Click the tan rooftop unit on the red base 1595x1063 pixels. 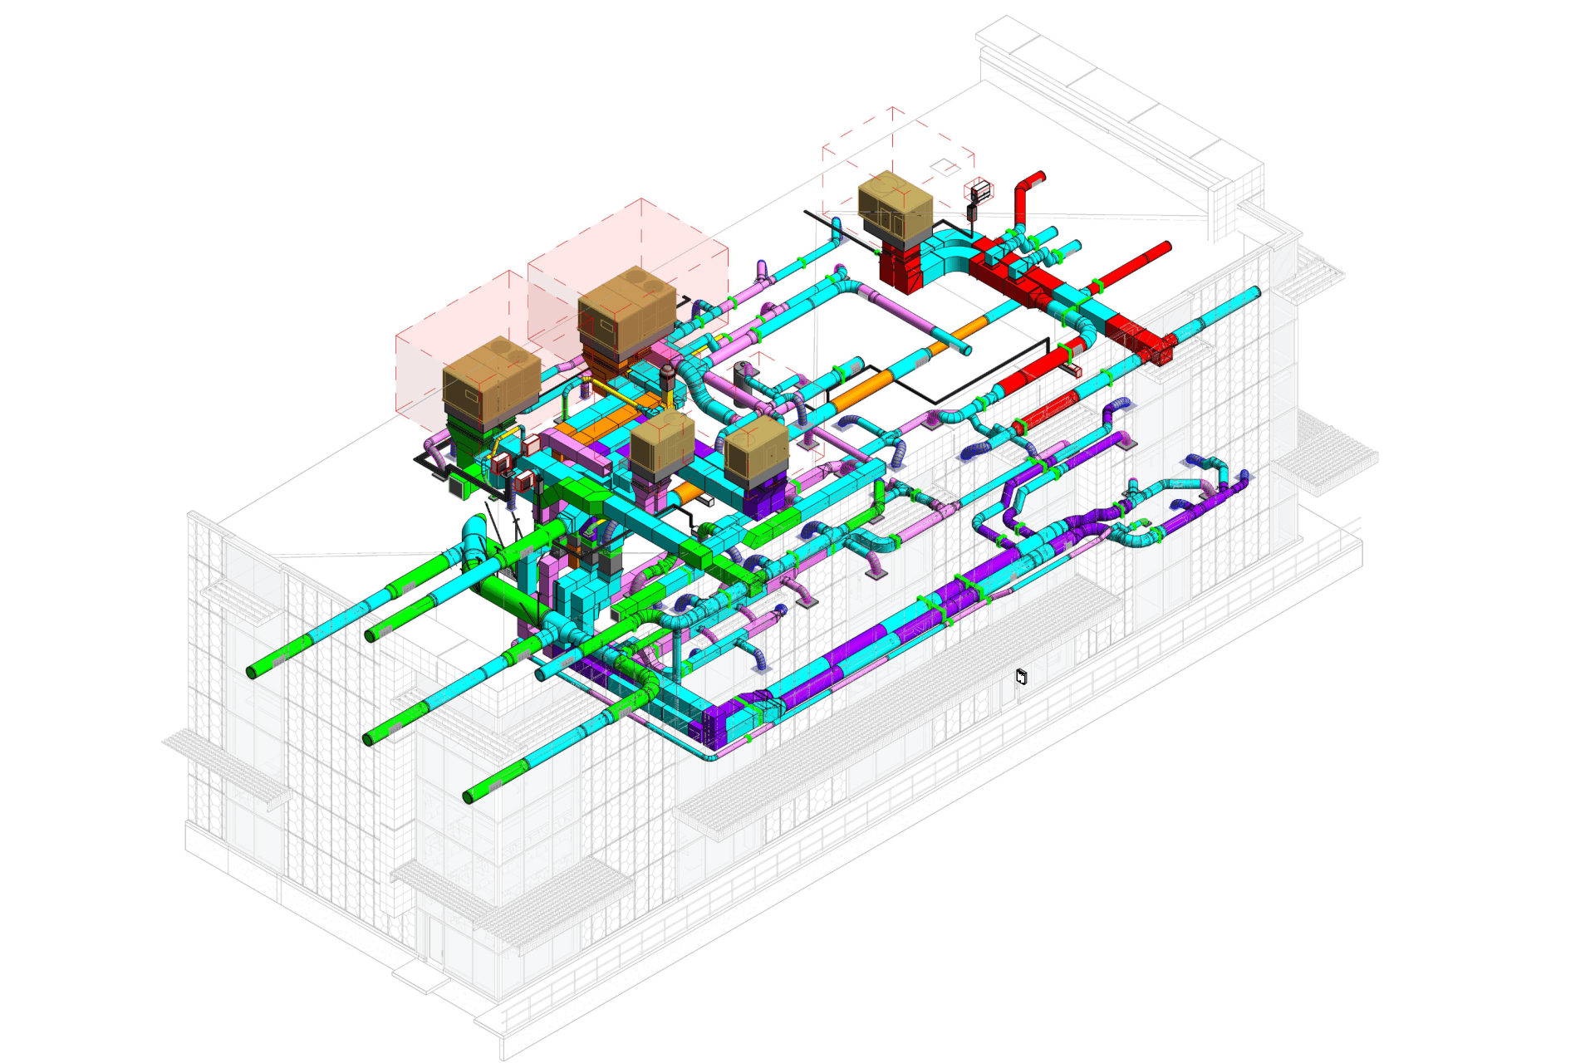895,206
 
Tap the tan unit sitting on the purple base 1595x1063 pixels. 756,453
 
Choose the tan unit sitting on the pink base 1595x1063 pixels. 661,444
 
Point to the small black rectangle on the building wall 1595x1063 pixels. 1021,677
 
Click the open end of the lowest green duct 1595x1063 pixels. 468,797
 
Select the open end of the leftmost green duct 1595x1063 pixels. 252,672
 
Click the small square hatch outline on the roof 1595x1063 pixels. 945,166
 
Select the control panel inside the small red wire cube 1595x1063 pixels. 980,192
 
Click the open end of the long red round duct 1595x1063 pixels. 1166,247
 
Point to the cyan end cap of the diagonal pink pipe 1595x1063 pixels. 965,350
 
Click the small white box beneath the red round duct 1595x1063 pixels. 1072,370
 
